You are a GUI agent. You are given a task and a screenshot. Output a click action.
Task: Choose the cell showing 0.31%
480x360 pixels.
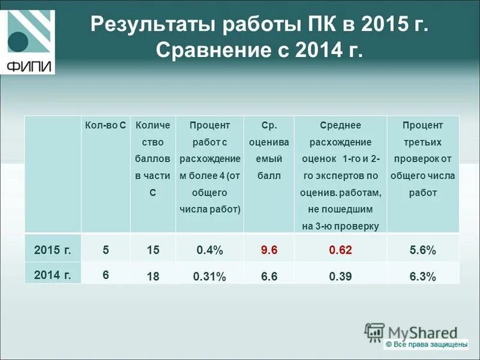coord(209,277)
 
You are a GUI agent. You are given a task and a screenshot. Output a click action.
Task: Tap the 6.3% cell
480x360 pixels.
coord(423,277)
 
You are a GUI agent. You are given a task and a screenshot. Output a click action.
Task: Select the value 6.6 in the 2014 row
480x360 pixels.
coord(269,277)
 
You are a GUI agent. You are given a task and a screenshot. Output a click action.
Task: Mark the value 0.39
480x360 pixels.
coord(340,277)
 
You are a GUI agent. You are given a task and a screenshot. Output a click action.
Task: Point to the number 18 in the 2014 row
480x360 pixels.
coord(153,277)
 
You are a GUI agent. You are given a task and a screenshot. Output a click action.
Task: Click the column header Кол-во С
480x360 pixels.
coord(106,125)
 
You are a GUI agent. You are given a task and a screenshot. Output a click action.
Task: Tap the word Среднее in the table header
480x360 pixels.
coord(340,125)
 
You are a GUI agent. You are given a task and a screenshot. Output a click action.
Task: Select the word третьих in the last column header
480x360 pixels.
coord(423,142)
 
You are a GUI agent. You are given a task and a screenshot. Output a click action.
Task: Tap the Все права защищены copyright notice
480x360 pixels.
coord(426,344)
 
